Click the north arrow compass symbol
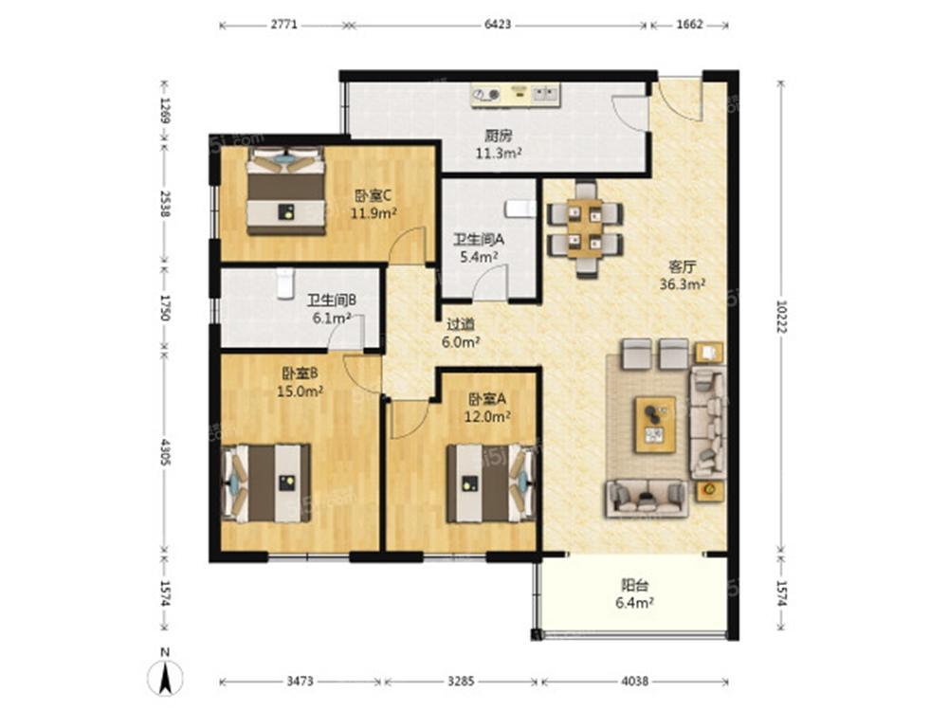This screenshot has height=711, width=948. (x=164, y=672)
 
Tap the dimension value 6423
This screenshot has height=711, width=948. (x=498, y=25)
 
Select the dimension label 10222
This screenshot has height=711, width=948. (x=781, y=316)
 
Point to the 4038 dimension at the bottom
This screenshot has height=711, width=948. (x=635, y=682)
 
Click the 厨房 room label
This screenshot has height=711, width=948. (x=499, y=136)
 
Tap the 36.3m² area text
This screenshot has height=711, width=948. (x=683, y=283)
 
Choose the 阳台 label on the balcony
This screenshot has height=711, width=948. (x=635, y=585)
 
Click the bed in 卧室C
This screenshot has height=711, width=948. (x=286, y=191)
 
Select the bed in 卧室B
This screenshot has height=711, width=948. (x=266, y=483)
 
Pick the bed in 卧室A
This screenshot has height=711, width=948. (x=491, y=483)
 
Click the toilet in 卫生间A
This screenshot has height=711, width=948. (x=520, y=210)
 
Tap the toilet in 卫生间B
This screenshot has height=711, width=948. (x=284, y=283)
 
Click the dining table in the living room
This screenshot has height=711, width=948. (x=585, y=228)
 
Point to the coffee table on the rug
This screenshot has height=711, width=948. (x=654, y=425)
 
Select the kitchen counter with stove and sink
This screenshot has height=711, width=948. (x=516, y=95)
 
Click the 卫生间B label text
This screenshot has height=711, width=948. (x=332, y=300)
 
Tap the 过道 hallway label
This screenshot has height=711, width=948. (x=461, y=324)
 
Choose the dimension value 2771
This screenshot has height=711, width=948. (x=284, y=25)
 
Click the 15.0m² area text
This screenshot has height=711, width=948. (x=300, y=392)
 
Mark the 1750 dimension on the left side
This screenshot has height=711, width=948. (x=164, y=307)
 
